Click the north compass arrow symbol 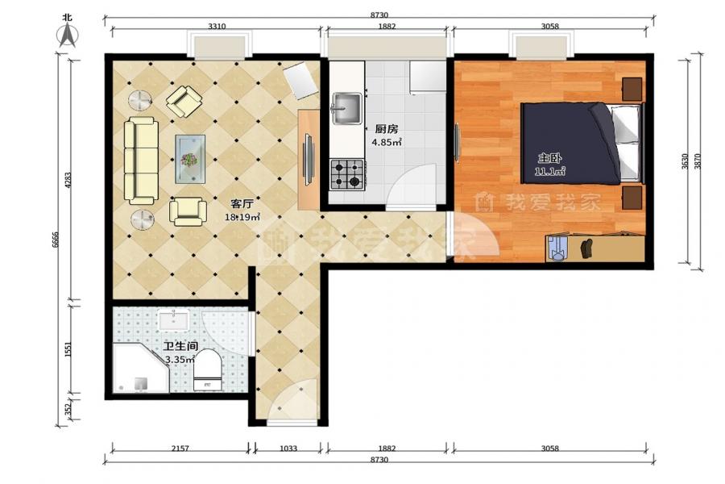(x=68, y=35)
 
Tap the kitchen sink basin (x=347, y=108)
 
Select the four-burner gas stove (x=347, y=174)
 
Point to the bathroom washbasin (x=174, y=320)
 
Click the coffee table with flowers (x=190, y=159)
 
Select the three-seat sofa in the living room (x=141, y=161)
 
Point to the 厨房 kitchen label (x=387, y=129)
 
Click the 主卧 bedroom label (x=550, y=159)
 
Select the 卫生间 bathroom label (x=181, y=346)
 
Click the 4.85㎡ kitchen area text (x=387, y=142)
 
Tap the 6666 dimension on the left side (x=55, y=240)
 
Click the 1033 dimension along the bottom (x=288, y=449)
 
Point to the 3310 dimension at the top (x=217, y=27)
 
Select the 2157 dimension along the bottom (x=180, y=449)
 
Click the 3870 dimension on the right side (x=698, y=161)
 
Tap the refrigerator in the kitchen (x=427, y=77)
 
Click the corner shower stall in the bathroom (x=140, y=368)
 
